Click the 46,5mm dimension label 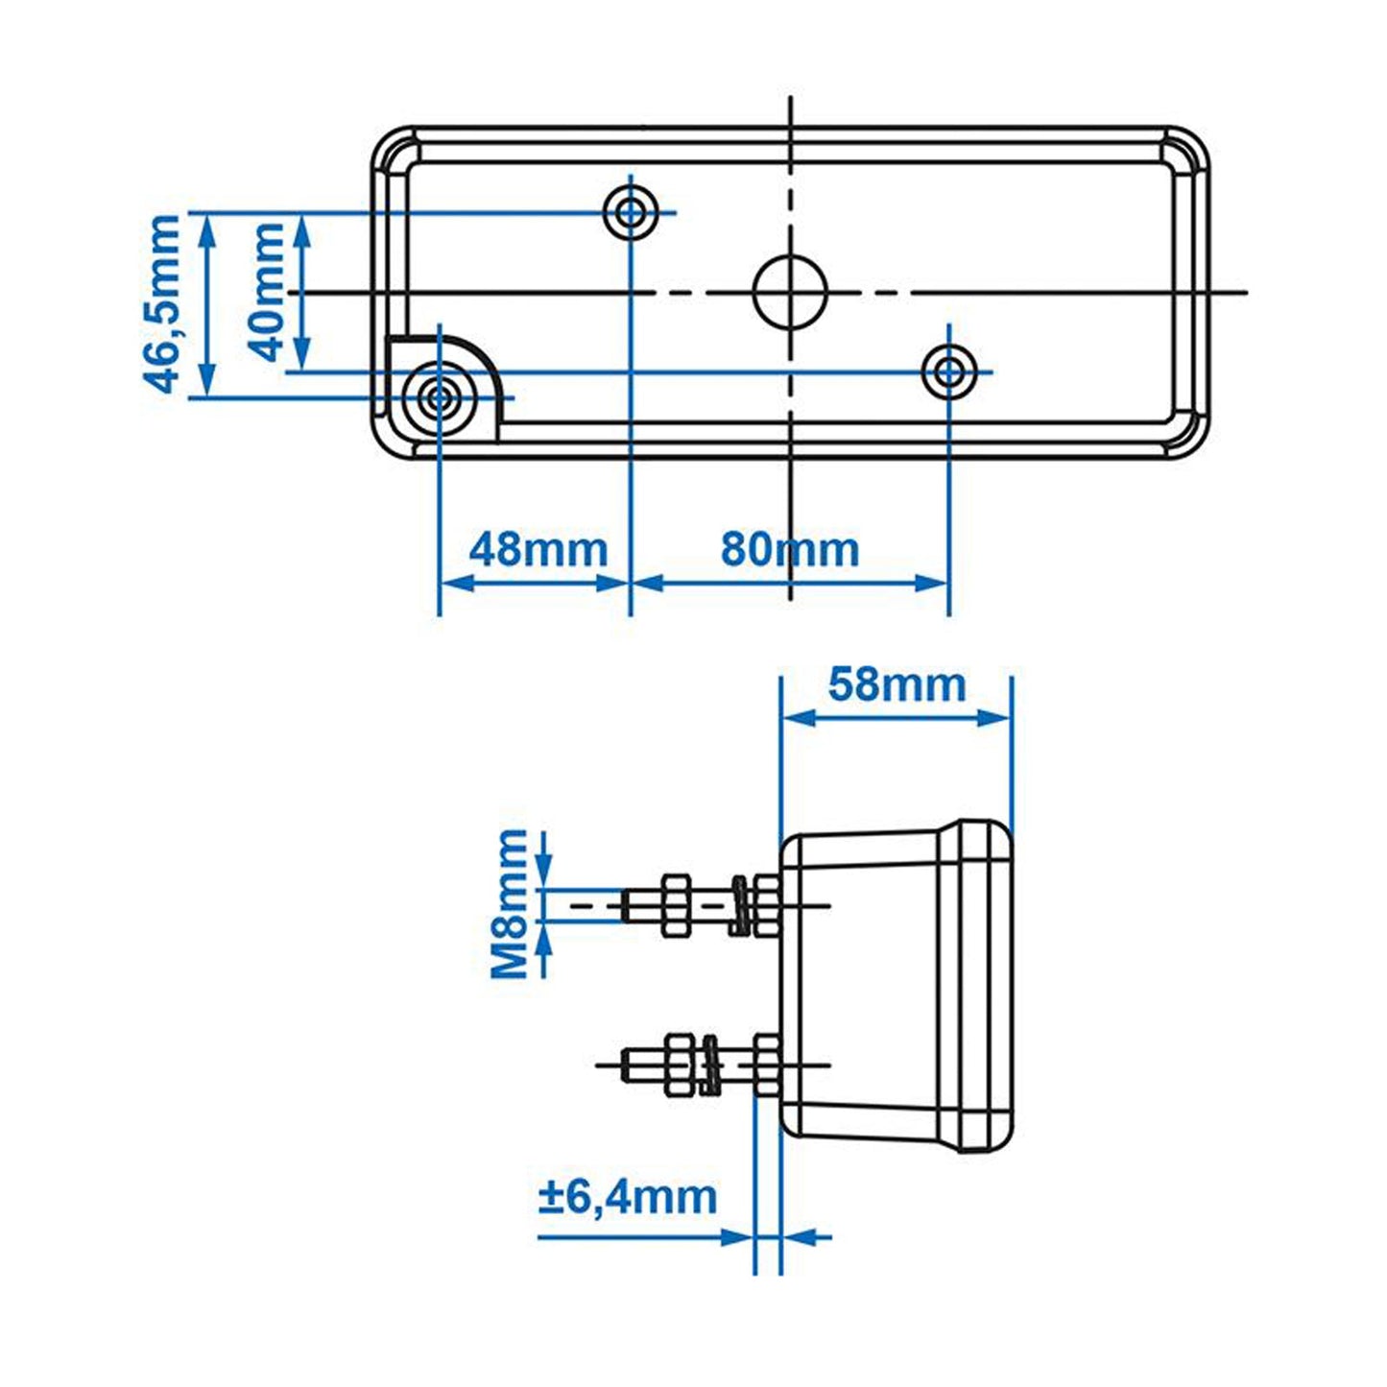pyautogui.click(x=163, y=303)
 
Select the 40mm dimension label pyautogui.click(x=268, y=292)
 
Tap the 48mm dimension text pyautogui.click(x=538, y=550)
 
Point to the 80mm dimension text pyautogui.click(x=789, y=550)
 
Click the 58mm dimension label pyautogui.click(x=897, y=685)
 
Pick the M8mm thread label pyautogui.click(x=510, y=903)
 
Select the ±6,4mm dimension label pyautogui.click(x=628, y=1197)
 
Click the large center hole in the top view pyautogui.click(x=790, y=292)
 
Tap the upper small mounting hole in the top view pyautogui.click(x=631, y=212)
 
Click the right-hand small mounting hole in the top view pyautogui.click(x=948, y=371)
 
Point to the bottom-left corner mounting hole pyautogui.click(x=440, y=397)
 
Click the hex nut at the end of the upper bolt pyautogui.click(x=674, y=904)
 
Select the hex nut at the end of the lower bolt pyautogui.click(x=680, y=1064)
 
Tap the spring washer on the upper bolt pyautogui.click(x=739, y=905)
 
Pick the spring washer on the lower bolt pyautogui.click(x=712, y=1064)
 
